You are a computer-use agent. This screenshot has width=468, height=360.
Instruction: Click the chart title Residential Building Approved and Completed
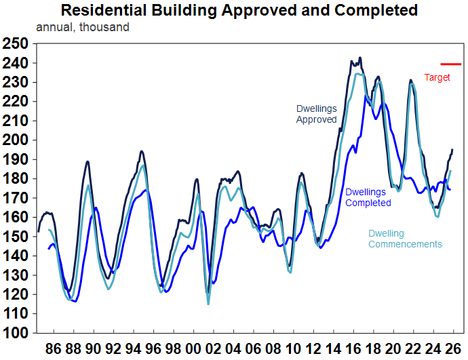pos(239,11)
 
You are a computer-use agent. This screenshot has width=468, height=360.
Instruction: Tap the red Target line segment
pos(450,64)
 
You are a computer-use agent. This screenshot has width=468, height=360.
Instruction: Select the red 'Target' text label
pos(437,77)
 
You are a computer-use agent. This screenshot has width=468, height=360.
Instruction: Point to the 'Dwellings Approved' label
pos(316,114)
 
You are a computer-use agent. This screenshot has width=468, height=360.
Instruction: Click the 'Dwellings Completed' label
pos(368,197)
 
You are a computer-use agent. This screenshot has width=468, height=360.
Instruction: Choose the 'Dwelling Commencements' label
pos(405,239)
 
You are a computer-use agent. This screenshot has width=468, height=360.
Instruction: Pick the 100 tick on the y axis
pos(15,334)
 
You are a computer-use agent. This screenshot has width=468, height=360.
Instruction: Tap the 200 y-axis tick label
pos(15,140)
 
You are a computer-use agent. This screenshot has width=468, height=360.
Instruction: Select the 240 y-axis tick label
pos(15,63)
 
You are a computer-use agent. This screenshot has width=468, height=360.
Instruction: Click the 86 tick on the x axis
pos(53,350)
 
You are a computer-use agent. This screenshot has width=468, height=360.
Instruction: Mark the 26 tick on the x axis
pos(452,350)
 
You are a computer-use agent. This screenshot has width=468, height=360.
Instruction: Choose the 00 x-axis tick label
pos(193,350)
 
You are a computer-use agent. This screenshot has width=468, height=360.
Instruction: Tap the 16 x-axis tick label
pos(352,350)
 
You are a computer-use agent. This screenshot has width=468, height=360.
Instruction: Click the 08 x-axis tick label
pos(273,350)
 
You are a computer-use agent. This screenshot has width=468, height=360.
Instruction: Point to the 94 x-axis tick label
pos(133,350)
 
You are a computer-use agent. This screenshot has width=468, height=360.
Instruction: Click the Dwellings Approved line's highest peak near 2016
pos(360,58)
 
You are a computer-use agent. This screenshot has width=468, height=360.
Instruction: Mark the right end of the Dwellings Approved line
pos(452,149)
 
